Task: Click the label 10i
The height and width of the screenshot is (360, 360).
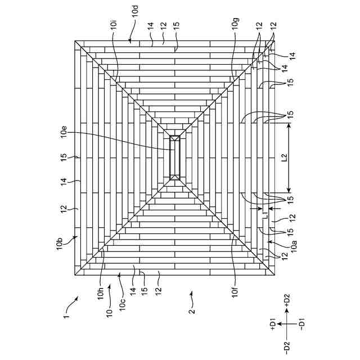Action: click(x=114, y=25)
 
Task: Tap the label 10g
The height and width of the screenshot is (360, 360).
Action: click(x=235, y=25)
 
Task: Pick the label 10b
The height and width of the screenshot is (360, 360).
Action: click(x=60, y=245)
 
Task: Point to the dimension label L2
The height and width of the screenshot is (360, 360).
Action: click(x=284, y=159)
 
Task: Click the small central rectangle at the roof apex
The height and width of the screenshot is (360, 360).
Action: click(x=175, y=157)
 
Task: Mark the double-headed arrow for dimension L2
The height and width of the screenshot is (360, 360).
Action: click(x=289, y=159)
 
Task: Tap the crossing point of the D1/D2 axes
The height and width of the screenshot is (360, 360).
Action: click(x=287, y=325)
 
